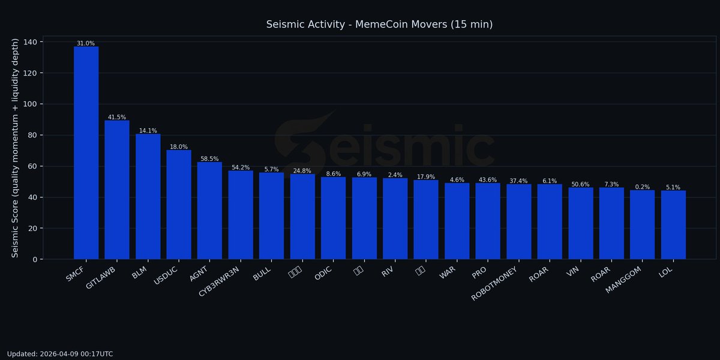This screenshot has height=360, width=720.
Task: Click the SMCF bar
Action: tap(86, 153)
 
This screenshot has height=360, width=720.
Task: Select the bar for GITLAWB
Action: tap(117, 190)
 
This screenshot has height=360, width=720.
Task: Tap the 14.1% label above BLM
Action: tap(148, 131)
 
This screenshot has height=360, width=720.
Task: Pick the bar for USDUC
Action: tap(179, 205)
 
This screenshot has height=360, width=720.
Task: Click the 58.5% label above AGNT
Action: tap(209, 159)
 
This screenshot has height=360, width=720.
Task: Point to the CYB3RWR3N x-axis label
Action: tap(220, 279)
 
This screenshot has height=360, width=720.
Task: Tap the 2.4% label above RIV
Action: tap(395, 175)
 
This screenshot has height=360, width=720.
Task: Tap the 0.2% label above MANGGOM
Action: tap(642, 187)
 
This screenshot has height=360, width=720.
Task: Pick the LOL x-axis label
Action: tap(665, 273)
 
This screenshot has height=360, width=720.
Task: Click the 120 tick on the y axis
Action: tap(29, 73)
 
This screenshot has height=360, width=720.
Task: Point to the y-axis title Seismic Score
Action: tap(16, 148)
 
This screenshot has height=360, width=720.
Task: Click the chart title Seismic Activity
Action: tap(379, 25)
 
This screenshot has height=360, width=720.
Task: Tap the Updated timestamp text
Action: tap(60, 354)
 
